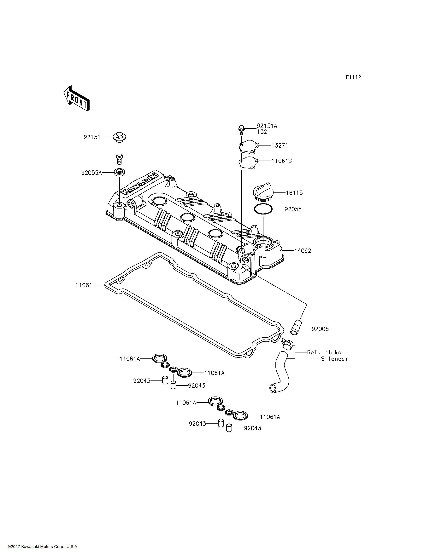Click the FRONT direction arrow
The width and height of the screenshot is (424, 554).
(76, 98)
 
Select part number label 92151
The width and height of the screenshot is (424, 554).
(92, 137)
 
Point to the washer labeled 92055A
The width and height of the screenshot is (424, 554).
(119, 173)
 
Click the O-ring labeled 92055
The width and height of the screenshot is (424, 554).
(263, 209)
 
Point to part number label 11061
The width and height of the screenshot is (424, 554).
(84, 285)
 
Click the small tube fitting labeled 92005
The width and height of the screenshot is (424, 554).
(296, 328)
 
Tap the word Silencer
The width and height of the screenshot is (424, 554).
(334, 359)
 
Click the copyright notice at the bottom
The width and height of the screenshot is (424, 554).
(43, 547)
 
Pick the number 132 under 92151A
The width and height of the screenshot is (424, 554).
(262, 132)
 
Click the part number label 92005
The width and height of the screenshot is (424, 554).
(320, 329)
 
